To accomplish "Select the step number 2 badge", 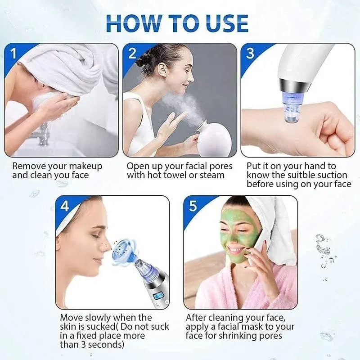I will (132, 54).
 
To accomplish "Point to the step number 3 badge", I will (250, 54).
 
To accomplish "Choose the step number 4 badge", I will (65, 206).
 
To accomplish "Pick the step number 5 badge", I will (193, 206).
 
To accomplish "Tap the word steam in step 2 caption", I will (211, 175).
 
